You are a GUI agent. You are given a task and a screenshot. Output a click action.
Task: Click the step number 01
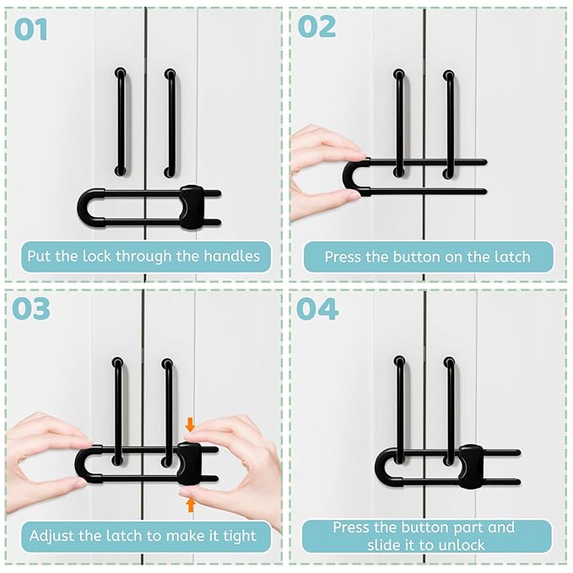pos(30,30)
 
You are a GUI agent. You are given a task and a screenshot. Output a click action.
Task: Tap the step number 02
pos(316,28)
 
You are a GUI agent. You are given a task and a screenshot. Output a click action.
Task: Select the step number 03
pos(31,309)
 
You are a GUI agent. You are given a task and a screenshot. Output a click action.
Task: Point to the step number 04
pos(317,309)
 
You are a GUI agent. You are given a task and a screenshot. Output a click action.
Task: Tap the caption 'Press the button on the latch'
pos(427,257)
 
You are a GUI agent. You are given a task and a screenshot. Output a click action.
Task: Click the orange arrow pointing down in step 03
pos(190,425)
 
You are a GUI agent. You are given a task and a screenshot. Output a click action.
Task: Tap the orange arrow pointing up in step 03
pos(191,505)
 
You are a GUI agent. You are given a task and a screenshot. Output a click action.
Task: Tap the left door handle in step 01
pos(121,122)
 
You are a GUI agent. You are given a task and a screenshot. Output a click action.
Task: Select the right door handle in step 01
pos(170,122)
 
